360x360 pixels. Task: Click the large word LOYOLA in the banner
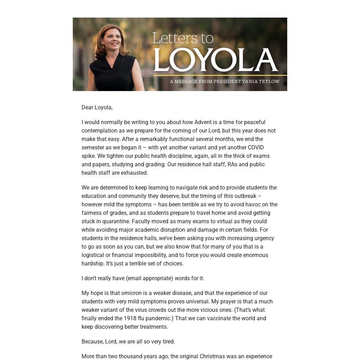(216, 60)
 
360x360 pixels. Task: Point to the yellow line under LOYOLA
(220, 75)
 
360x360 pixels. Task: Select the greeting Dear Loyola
(97, 108)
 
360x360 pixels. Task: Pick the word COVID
(256, 148)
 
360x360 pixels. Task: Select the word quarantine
(115, 221)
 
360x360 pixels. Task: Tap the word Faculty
(142, 221)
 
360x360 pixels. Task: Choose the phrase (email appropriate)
(149, 278)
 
